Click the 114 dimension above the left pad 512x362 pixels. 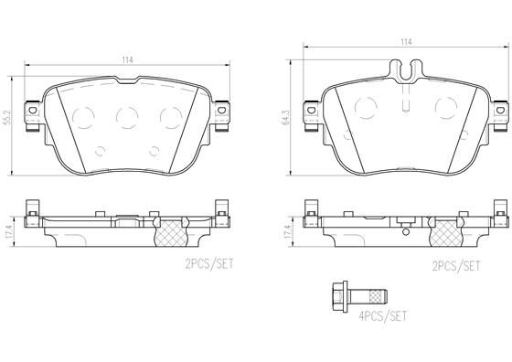tap(127, 59)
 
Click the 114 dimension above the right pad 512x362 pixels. tap(404, 42)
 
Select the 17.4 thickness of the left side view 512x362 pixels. tap(9, 232)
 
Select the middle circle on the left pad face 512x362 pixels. tap(126, 115)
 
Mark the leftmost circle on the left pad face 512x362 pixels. tap(83, 116)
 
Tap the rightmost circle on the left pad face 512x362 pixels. tap(168, 115)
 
